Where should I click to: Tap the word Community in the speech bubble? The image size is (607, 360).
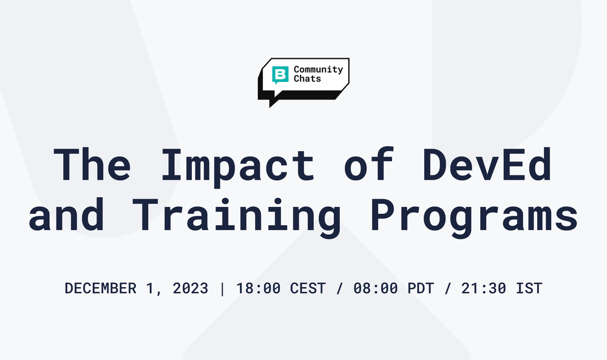[318, 69]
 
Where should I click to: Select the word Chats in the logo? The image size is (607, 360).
[307, 79]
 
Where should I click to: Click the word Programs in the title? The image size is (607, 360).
[473, 216]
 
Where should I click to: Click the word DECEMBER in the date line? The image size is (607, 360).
[100, 288]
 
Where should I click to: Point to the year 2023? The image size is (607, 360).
[189, 288]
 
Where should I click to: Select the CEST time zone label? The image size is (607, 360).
[308, 288]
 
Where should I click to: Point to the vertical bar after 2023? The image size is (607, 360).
[222, 288]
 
